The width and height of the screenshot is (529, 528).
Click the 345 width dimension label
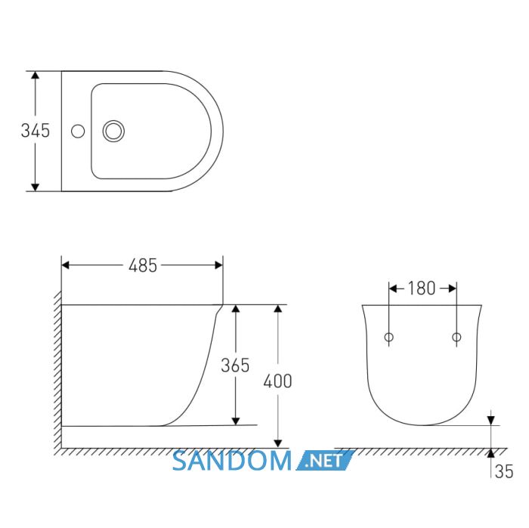[x=36, y=131]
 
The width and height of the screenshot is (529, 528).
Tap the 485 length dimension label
[x=143, y=266]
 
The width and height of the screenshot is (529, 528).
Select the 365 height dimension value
[x=235, y=365]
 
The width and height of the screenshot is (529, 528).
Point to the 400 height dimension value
[x=277, y=381]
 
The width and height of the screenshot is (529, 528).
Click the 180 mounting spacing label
[x=422, y=289]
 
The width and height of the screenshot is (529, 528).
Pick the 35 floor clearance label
[x=504, y=471]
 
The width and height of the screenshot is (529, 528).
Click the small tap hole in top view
[x=78, y=131]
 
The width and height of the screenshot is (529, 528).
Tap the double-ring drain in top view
[x=113, y=131]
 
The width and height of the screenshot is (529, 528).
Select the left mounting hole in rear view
[x=389, y=337]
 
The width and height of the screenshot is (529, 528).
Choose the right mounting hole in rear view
[x=456, y=337]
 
